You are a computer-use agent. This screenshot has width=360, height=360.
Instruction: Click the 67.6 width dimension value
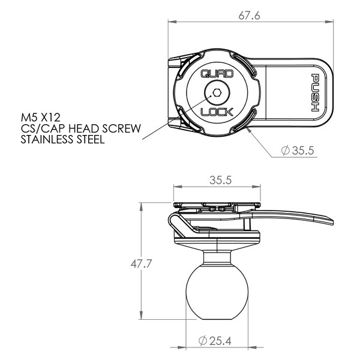(249, 16)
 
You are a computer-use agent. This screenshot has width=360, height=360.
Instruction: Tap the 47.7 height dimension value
(141, 264)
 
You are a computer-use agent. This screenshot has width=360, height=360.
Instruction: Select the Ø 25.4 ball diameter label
(215, 341)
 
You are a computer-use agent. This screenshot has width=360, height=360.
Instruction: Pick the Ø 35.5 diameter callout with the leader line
(298, 151)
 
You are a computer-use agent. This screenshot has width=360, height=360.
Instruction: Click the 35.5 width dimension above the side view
(220, 180)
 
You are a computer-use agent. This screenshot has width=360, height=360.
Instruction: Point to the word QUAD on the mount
(217, 74)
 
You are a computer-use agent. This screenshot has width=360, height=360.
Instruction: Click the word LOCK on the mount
(217, 112)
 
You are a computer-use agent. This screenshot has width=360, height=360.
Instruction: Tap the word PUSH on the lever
(315, 93)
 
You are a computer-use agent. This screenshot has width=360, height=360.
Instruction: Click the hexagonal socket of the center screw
(217, 92)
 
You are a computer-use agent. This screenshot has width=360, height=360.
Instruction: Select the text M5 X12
(40, 118)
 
